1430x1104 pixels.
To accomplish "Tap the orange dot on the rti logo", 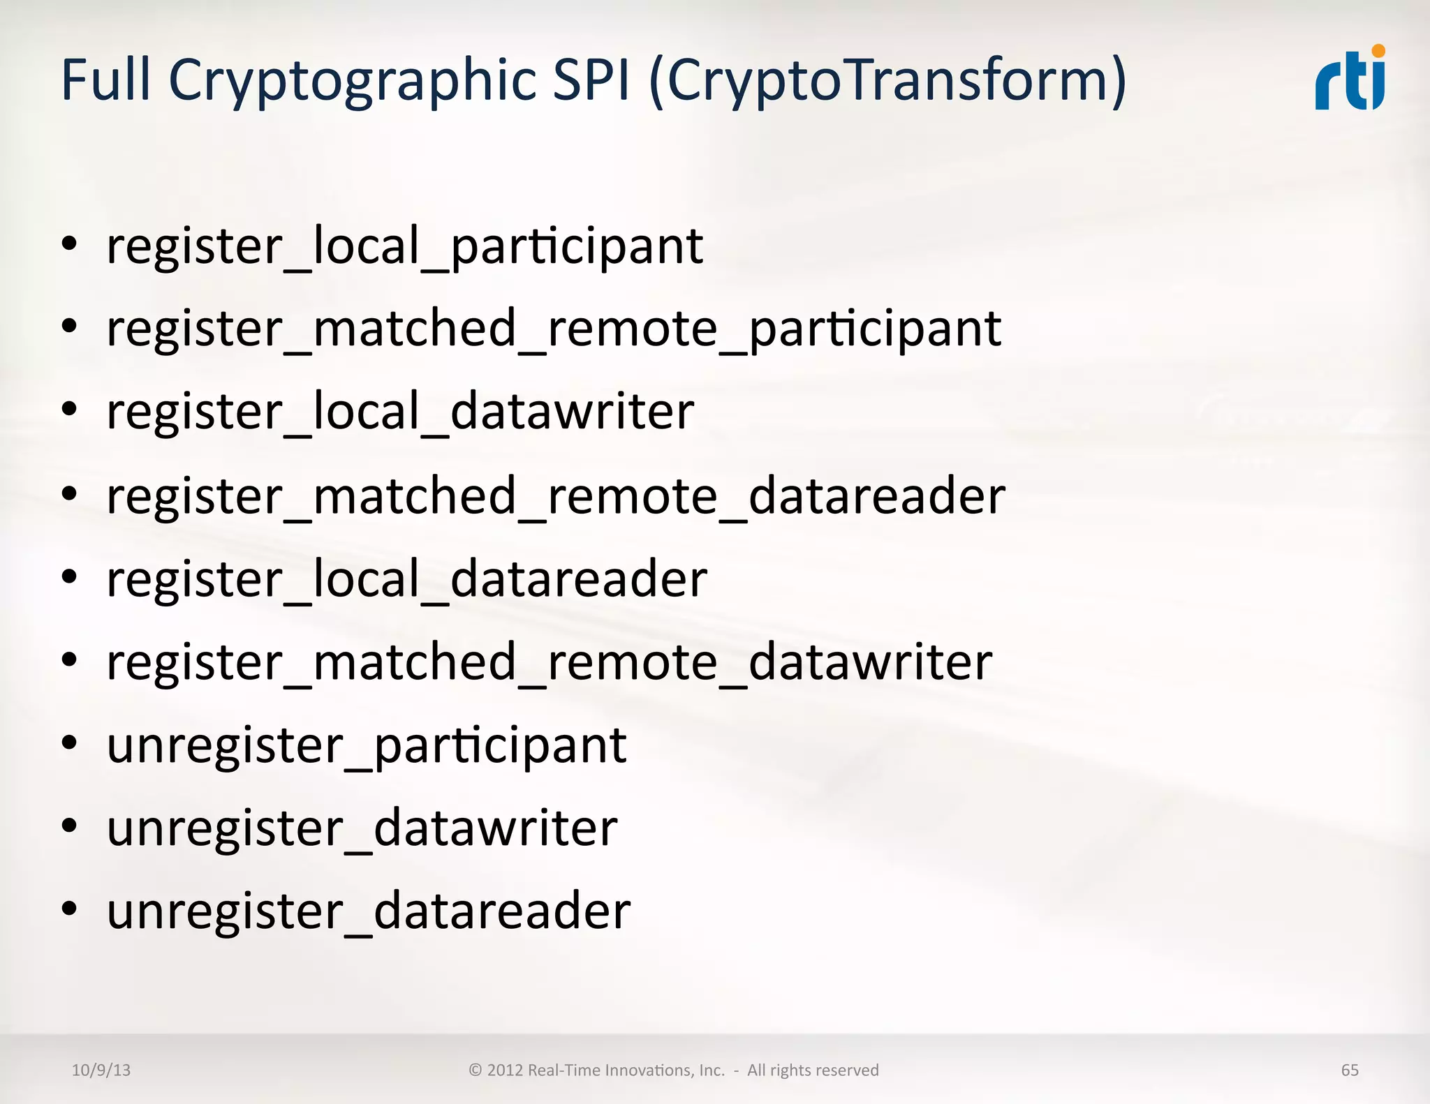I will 1378,51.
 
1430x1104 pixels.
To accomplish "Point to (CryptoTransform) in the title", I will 887,81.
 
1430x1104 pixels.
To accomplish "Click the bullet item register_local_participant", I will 404,246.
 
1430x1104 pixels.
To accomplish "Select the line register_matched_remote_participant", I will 554,329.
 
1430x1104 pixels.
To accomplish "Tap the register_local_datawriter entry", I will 400,412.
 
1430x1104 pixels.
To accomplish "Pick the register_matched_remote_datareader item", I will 556,495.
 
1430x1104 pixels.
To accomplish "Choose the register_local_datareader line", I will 406,579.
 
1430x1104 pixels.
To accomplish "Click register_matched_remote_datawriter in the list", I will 550,662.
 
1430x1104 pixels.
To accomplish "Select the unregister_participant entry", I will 367,746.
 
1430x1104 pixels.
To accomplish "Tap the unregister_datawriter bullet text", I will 362,828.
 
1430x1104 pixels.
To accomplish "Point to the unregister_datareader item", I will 369,911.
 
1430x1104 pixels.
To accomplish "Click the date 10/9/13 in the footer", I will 101,1071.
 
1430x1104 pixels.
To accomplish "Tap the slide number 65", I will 1350,1071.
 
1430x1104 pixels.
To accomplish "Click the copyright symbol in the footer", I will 476,1071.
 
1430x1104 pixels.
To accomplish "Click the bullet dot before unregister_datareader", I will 68,909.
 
